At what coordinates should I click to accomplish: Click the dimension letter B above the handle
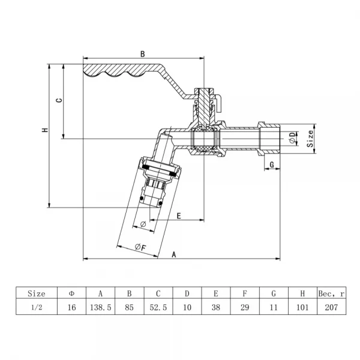click(143, 54)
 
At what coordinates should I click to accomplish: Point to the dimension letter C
click(58, 101)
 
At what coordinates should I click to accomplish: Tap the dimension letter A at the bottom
click(174, 254)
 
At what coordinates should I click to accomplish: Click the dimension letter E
click(179, 214)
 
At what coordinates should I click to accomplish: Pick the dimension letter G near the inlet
click(272, 164)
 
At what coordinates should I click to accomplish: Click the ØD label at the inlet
click(292, 137)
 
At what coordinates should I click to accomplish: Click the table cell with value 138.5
click(101, 307)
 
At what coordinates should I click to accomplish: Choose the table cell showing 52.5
click(158, 307)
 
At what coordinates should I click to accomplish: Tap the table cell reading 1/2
click(37, 307)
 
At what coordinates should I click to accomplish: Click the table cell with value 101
click(302, 307)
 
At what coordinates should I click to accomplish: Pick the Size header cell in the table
click(37, 293)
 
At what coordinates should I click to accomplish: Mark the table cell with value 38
click(215, 307)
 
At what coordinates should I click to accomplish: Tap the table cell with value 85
click(129, 307)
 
